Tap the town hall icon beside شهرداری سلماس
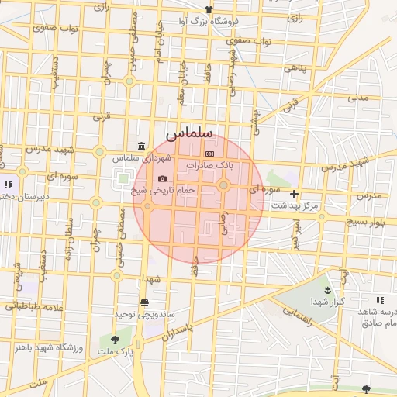(x=140, y=147)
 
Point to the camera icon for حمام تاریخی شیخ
(x=162, y=178)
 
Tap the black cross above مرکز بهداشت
(x=294, y=194)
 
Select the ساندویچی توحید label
(x=145, y=314)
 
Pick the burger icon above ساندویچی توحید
(x=144, y=303)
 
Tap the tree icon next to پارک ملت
(x=116, y=340)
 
